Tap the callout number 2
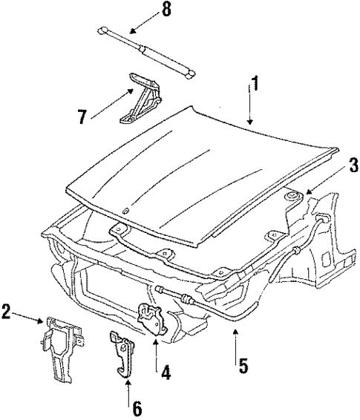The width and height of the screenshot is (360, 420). point(8,312)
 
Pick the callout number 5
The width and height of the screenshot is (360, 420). point(241,364)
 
